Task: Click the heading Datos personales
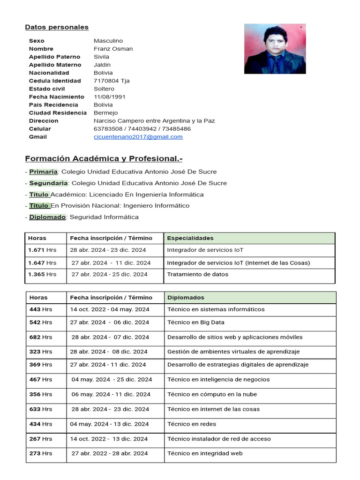point(57,27)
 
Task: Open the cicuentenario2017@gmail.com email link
point(138,137)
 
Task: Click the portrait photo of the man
point(275,49)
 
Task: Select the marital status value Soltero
point(104,89)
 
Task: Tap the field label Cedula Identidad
point(55,81)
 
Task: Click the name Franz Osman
point(113,49)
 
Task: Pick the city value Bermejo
point(105,112)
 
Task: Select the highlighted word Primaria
point(43,172)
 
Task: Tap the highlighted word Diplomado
point(47,217)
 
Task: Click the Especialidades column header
point(190,238)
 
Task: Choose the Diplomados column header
point(186,298)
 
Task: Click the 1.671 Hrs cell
point(42,250)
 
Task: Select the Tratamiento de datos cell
point(197,274)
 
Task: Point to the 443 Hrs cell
point(41,309)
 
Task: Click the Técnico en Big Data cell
point(195,322)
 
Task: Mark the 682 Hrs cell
point(41,337)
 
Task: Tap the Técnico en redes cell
point(192,424)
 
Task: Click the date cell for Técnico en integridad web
point(109,453)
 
